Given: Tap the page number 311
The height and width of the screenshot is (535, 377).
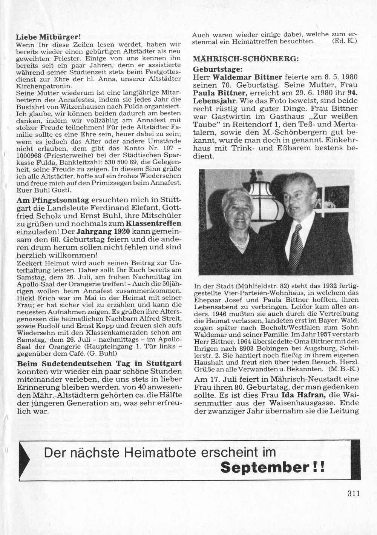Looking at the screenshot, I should click(353, 493).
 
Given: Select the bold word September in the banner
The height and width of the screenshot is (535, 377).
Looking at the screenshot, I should click(264, 467).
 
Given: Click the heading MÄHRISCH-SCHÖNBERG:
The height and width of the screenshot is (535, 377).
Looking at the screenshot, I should click(241, 59).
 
